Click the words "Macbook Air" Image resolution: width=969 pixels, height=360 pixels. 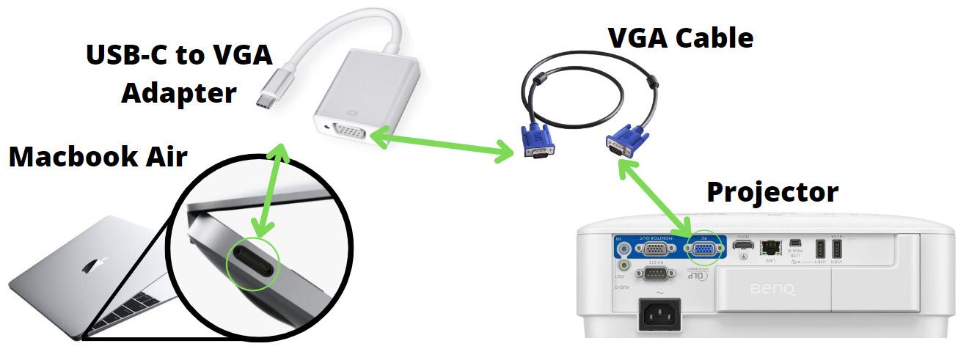(x=98, y=157)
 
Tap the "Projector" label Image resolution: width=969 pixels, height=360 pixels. (x=772, y=192)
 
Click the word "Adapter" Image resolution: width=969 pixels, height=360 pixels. (x=179, y=93)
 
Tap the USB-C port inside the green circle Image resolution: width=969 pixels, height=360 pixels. (x=254, y=260)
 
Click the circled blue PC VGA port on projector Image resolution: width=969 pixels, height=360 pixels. (x=703, y=250)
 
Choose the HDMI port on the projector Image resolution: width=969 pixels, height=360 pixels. (x=744, y=246)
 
